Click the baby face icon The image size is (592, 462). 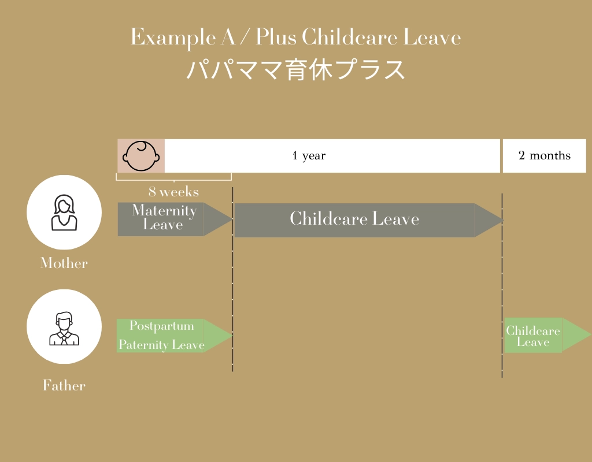(141, 156)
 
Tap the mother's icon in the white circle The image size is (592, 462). (64, 213)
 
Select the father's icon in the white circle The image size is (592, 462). (64, 329)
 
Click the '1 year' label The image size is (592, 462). (309, 155)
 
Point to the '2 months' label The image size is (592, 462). (545, 155)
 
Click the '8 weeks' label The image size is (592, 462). (173, 192)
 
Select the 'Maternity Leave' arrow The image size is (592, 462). (175, 219)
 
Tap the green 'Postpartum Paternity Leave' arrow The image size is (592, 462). (175, 336)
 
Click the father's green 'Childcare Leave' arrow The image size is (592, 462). (548, 335)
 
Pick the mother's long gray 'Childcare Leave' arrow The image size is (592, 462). (369, 220)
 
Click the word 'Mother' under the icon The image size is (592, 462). (64, 263)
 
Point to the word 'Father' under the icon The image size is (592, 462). (64, 385)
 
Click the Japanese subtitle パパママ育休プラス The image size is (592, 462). (295, 69)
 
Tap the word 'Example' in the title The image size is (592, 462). (173, 38)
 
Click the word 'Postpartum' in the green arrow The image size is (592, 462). (162, 326)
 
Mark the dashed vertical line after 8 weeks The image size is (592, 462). (232, 279)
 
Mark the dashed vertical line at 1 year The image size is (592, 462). (502, 285)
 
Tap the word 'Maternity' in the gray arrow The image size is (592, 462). (164, 210)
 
